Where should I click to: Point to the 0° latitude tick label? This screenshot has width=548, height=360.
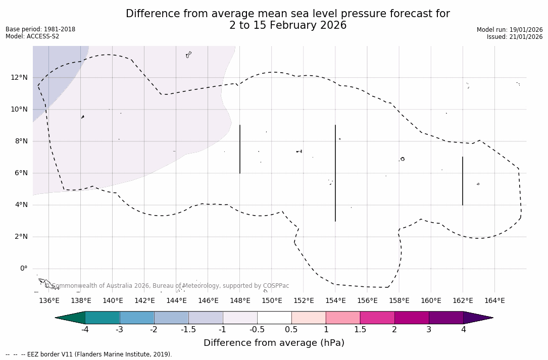(x=23, y=269)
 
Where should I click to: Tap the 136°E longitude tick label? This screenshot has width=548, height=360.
(x=49, y=300)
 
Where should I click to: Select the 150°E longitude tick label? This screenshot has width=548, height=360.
(x=272, y=300)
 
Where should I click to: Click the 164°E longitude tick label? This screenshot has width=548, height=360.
(x=494, y=300)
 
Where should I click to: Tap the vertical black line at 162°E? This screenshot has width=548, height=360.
(x=463, y=181)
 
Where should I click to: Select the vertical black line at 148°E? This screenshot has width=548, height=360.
(x=240, y=149)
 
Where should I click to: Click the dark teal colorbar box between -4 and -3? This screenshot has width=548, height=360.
(x=103, y=318)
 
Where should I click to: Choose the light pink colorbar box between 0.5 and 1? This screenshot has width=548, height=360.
(x=309, y=318)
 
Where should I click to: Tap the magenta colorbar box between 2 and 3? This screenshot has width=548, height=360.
(x=412, y=318)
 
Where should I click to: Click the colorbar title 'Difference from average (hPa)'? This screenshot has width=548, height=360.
(x=274, y=343)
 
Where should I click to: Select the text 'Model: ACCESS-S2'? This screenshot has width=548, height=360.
(x=32, y=36)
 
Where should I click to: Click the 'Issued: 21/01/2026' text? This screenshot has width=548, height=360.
(x=515, y=37)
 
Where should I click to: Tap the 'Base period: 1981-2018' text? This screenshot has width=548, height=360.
(x=40, y=29)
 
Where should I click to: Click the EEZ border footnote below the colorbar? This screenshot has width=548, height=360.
(x=89, y=354)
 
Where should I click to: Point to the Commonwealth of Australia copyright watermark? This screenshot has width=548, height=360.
(x=167, y=286)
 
